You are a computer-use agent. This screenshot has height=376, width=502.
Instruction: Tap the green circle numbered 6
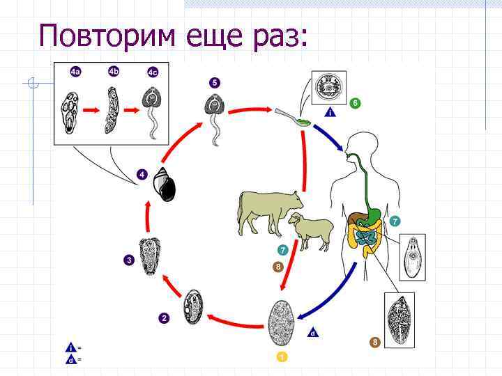pyautogui.click(x=356, y=103)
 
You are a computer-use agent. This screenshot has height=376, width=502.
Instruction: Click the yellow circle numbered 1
pyautogui.click(x=282, y=357)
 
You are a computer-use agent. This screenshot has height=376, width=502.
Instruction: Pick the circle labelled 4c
pyautogui.click(x=153, y=72)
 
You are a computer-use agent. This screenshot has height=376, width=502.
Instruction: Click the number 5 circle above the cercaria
pyautogui.click(x=214, y=83)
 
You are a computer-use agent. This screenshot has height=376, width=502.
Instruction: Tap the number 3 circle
pyautogui.click(x=129, y=260)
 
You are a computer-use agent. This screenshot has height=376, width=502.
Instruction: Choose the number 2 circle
pyautogui.click(x=164, y=318)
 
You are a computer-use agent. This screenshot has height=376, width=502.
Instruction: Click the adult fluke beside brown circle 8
pyautogui.click(x=400, y=317)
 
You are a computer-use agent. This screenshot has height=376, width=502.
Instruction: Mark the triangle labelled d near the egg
pyautogui.click(x=314, y=333)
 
